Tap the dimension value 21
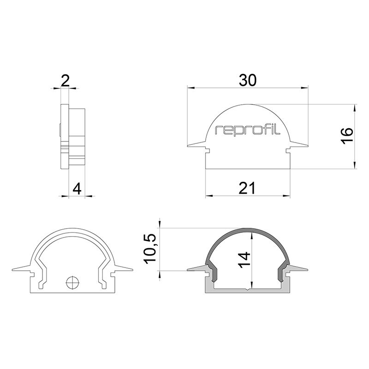click(x=247, y=189)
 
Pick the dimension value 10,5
click(x=151, y=249)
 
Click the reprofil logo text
click(x=248, y=131)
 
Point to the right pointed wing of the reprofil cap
click(x=301, y=144)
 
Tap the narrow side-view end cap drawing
click(x=73, y=137)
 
